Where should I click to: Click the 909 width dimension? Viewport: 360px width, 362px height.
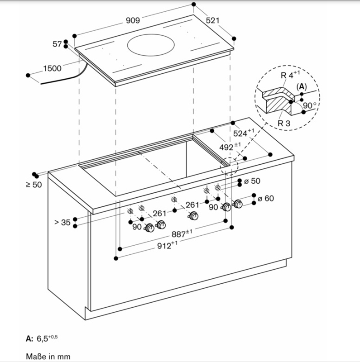(x=132, y=20)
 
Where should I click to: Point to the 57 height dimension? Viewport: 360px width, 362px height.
(x=57, y=44)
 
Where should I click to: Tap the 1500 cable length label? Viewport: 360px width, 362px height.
(x=52, y=68)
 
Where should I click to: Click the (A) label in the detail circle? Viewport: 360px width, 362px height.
(x=302, y=86)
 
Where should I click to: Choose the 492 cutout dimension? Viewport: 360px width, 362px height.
(x=230, y=147)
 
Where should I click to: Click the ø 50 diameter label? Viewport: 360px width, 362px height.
(x=252, y=181)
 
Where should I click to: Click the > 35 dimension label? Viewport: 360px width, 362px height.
(x=62, y=222)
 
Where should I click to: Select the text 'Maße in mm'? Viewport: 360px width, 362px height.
(x=48, y=356)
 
